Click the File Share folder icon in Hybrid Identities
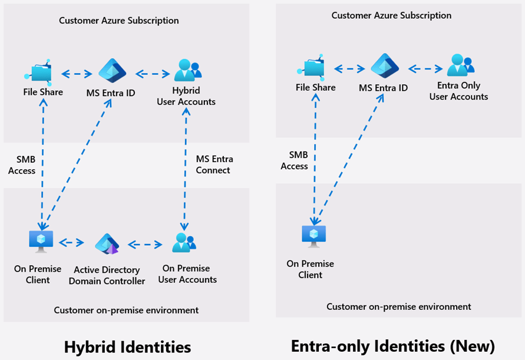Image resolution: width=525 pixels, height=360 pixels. coord(38,72)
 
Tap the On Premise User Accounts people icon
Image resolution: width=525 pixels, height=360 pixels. coord(184,243)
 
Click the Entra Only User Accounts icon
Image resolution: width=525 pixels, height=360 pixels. coord(458,65)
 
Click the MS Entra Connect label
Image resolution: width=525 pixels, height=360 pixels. coord(214,164)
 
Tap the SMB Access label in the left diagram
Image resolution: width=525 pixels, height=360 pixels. coord(22,165)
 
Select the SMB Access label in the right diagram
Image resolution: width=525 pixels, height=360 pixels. coord(294,160)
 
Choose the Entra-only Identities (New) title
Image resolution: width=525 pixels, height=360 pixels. coord(392,345)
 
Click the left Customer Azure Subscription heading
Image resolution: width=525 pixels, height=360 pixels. coord(118,21)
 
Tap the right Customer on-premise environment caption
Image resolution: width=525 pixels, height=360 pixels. coord(399,306)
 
